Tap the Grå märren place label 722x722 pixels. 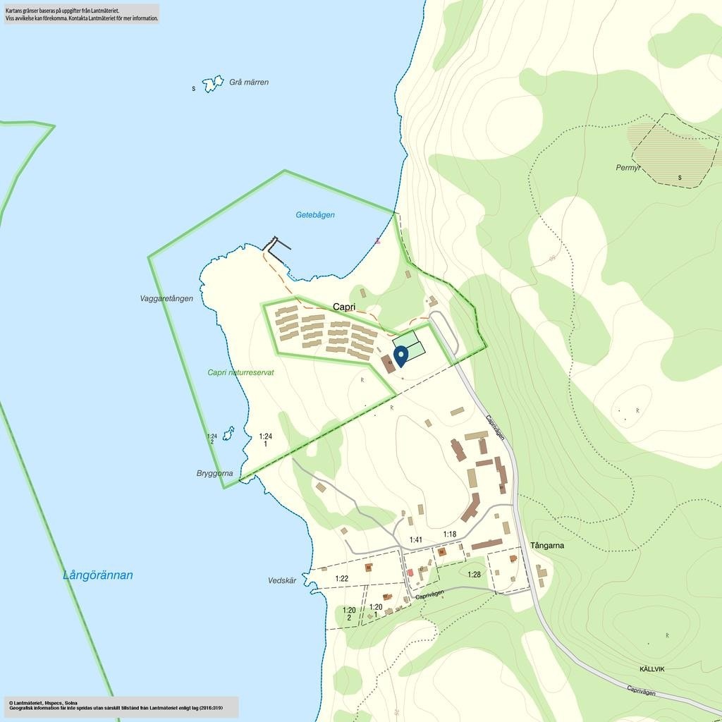pyautogui.click(x=249, y=82)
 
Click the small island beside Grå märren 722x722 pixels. pyautogui.click(x=212, y=84)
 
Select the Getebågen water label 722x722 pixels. pyautogui.click(x=315, y=215)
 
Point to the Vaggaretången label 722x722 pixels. pyautogui.click(x=166, y=299)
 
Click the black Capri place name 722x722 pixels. pyautogui.click(x=344, y=307)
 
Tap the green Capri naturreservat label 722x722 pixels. pyautogui.click(x=240, y=372)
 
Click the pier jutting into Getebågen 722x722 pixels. pyautogui.click(x=277, y=244)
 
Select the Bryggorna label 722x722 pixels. pyautogui.click(x=214, y=474)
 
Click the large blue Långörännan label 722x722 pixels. pyautogui.click(x=98, y=575)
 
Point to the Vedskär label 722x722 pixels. pyautogui.click(x=282, y=581)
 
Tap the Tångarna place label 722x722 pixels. pyautogui.click(x=547, y=546)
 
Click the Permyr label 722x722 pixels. pyautogui.click(x=628, y=169)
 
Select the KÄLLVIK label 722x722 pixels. pyautogui.click(x=652, y=669)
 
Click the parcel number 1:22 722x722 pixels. pyautogui.click(x=342, y=579)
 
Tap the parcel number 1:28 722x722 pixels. pyautogui.click(x=474, y=575)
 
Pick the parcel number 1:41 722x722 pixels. pyautogui.click(x=416, y=540)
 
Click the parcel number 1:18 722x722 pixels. pyautogui.click(x=450, y=534)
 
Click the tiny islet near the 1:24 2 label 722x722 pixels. pyautogui.click(x=228, y=433)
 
